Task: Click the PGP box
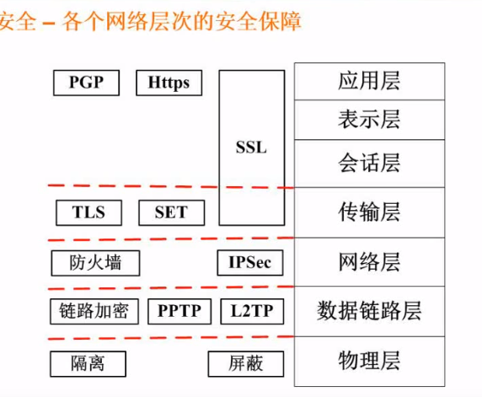click(x=87, y=83)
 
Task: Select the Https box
click(x=169, y=83)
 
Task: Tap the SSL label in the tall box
click(x=251, y=148)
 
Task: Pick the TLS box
click(x=88, y=212)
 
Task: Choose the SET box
click(x=172, y=212)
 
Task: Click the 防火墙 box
click(x=95, y=263)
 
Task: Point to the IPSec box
click(x=250, y=263)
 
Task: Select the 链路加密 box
click(x=94, y=311)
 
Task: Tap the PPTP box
click(x=179, y=311)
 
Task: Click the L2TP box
click(x=252, y=311)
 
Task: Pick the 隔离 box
click(x=88, y=364)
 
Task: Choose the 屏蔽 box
click(x=246, y=364)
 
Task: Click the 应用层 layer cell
click(x=369, y=81)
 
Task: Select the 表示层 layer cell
click(x=369, y=120)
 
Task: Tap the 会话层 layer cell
click(x=369, y=164)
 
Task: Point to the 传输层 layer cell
click(x=369, y=212)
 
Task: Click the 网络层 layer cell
click(x=369, y=262)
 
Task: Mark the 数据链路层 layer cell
click(x=369, y=311)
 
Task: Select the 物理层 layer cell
click(x=369, y=362)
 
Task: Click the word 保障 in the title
click(x=280, y=21)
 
